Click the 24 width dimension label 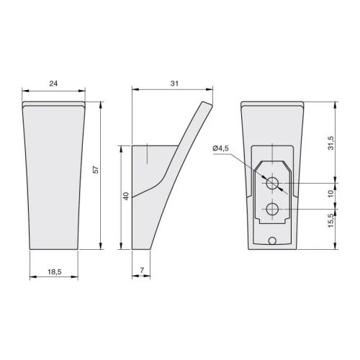coord(53,84)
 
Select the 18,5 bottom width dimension coord(55,272)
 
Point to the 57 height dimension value coord(96,170)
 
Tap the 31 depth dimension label coord(174,84)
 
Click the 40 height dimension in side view coord(126,196)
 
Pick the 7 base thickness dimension coord(142,270)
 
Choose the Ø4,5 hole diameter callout coord(220,148)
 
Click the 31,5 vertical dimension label coord(330,143)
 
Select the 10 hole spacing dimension coord(330,194)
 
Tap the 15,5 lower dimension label coord(330,220)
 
